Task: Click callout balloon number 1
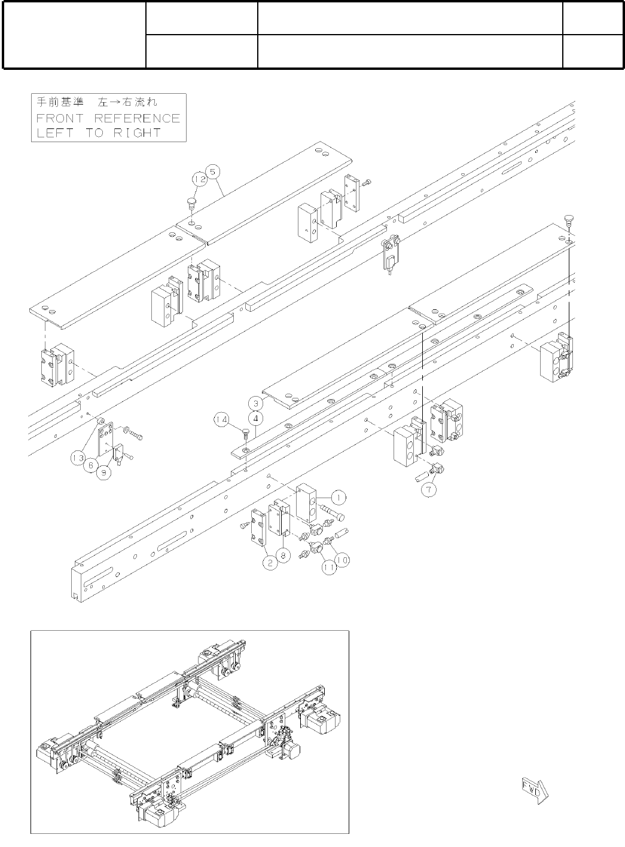(x=338, y=497)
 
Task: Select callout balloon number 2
(x=270, y=563)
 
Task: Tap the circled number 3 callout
(x=256, y=403)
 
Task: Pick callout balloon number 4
(x=256, y=419)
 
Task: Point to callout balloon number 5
(x=212, y=171)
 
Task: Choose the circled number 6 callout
(x=91, y=465)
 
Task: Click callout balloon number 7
(x=428, y=490)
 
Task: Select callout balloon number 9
(x=103, y=472)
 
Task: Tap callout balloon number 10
(x=342, y=560)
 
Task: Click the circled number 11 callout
(x=329, y=567)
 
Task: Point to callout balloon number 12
(x=200, y=179)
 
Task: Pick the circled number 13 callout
(x=78, y=458)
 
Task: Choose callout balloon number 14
(x=221, y=420)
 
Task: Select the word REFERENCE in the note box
(x=137, y=118)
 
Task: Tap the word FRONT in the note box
(x=60, y=118)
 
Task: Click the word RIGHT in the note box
(x=137, y=133)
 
